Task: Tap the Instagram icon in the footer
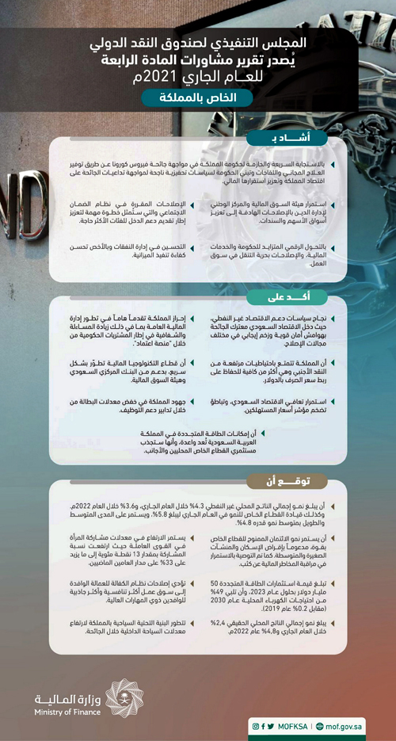(256, 725)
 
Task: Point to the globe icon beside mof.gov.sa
(319, 725)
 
